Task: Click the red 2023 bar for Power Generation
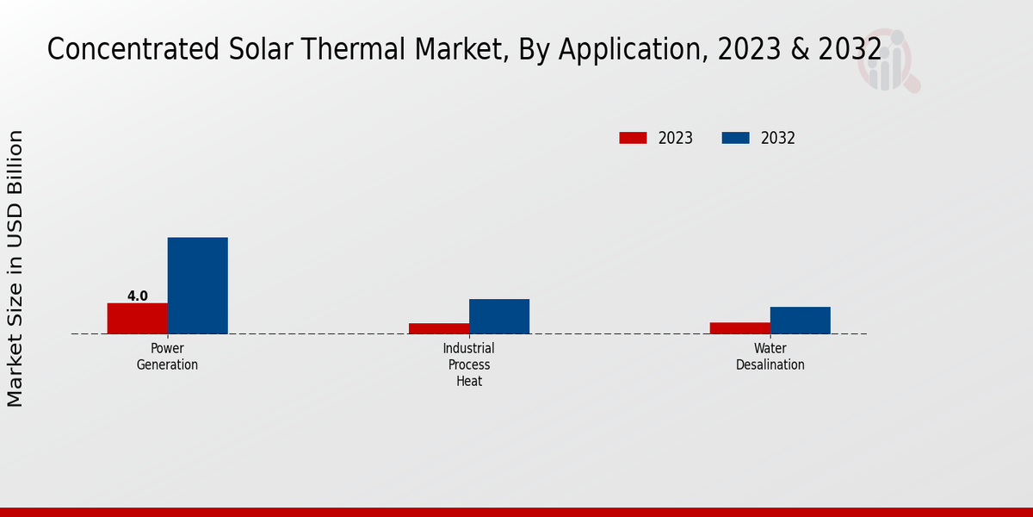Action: tap(137, 318)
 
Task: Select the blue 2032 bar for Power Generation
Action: tap(197, 285)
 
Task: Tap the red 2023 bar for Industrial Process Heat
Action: tap(438, 328)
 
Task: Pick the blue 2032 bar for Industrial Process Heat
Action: tap(498, 316)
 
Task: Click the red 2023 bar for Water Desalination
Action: tap(739, 327)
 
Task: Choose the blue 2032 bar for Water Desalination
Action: tap(800, 320)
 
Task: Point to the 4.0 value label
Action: tap(138, 296)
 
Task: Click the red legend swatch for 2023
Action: tap(633, 138)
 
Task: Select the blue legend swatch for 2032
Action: tap(735, 138)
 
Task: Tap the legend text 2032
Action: tap(777, 138)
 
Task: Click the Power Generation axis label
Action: tap(167, 357)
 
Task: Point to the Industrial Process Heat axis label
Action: tap(468, 364)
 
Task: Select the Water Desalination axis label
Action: tap(770, 357)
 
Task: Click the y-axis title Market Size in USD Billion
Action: tap(15, 268)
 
